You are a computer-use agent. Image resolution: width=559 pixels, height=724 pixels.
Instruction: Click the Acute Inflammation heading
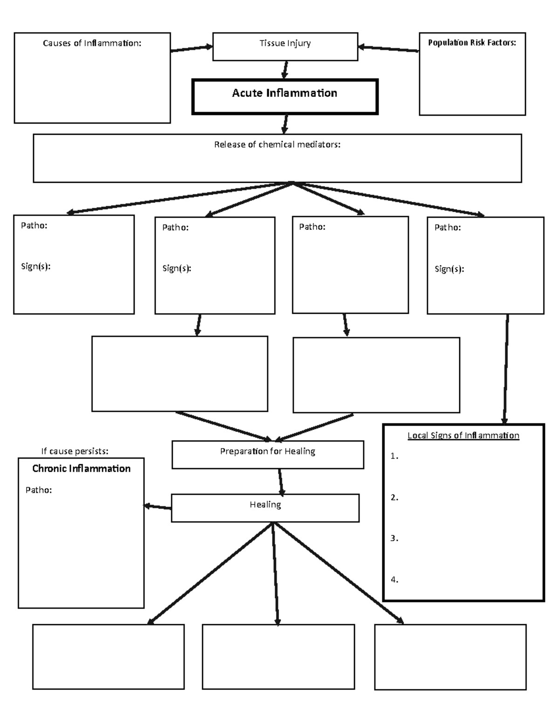point(285,93)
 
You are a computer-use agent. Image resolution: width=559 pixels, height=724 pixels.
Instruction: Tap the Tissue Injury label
point(285,43)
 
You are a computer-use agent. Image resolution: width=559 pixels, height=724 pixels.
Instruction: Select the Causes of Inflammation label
point(92,43)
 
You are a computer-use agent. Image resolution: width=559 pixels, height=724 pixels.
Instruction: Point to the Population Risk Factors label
point(472,43)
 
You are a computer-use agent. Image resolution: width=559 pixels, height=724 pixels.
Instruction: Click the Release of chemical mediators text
point(277,145)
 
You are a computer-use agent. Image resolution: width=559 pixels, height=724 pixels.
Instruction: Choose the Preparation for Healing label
point(267,451)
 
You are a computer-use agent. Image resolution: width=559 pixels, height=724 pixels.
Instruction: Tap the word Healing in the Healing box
point(265,504)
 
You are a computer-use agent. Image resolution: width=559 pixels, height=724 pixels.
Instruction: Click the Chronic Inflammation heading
point(81,469)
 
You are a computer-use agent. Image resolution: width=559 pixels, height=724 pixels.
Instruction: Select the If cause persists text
point(75,451)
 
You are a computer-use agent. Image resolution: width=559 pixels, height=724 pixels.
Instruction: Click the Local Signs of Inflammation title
point(463,435)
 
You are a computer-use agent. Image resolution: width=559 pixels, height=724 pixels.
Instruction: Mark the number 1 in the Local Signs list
point(394,456)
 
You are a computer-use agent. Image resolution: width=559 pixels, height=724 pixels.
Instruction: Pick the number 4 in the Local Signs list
point(394,580)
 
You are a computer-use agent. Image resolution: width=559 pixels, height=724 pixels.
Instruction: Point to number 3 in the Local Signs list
point(394,538)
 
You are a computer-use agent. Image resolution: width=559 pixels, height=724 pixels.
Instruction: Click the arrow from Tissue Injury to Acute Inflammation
point(285,70)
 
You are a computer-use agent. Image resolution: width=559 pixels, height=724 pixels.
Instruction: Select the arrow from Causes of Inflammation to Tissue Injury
point(191,48)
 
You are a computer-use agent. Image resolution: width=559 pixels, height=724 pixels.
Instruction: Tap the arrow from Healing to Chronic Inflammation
point(157,507)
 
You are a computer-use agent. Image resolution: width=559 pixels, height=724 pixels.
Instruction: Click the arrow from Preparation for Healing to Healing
point(280,482)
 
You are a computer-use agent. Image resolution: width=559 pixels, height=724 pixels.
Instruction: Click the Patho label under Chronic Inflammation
point(39,490)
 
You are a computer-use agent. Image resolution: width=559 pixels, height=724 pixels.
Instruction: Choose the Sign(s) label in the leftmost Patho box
point(35,267)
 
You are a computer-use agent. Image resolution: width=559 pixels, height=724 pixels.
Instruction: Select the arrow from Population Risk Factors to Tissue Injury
point(389,48)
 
